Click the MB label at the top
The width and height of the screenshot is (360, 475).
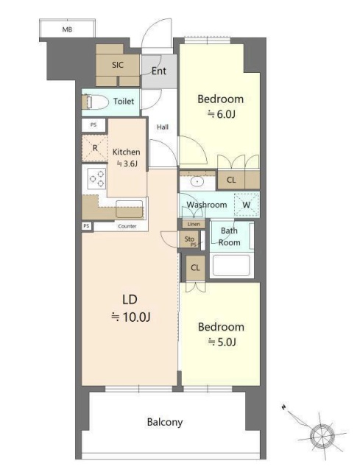pyautogui.click(x=67, y=29)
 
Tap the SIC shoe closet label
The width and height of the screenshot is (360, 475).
pyautogui.click(x=118, y=65)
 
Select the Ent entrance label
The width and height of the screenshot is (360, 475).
pyautogui.click(x=159, y=71)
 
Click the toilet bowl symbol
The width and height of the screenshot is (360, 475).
pyautogui.click(x=95, y=102)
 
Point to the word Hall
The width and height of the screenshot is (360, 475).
pyautogui.click(x=163, y=127)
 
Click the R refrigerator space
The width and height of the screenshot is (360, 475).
pyautogui.click(x=95, y=148)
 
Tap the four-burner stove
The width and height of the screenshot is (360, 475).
pyautogui.click(x=96, y=178)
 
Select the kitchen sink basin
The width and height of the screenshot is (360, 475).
pyautogui.click(x=130, y=208)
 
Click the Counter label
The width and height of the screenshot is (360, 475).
pyautogui.click(x=127, y=226)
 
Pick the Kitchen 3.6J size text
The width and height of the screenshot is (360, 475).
pyautogui.click(x=127, y=164)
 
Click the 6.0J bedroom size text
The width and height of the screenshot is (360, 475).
pyautogui.click(x=222, y=114)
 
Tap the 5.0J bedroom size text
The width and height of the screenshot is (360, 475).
pyautogui.click(x=222, y=342)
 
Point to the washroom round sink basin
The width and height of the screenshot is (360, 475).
pyautogui.click(x=197, y=182)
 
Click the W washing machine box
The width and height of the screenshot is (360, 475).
pyautogui.click(x=247, y=205)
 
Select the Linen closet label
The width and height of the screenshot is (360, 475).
pyautogui.click(x=194, y=224)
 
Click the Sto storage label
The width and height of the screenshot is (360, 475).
pyautogui.click(x=189, y=239)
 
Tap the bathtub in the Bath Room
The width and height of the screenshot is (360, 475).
pyautogui.click(x=231, y=266)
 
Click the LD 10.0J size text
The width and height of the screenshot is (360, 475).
pyautogui.click(x=131, y=317)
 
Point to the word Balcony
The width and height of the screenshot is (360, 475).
pyautogui.click(x=165, y=422)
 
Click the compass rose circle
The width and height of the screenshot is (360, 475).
pyautogui.click(x=322, y=436)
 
